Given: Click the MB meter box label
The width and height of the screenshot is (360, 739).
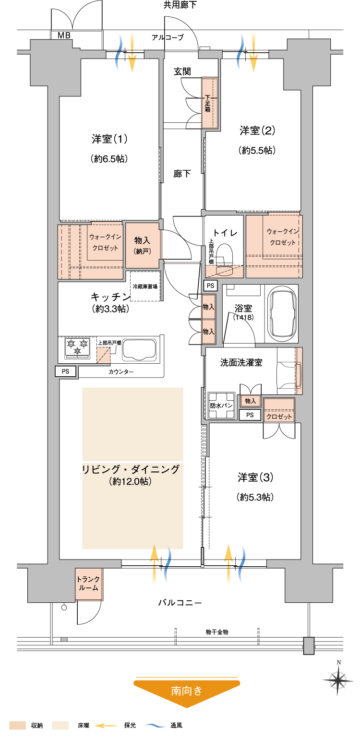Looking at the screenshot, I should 63,35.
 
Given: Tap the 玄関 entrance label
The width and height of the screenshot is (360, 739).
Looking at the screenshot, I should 182,72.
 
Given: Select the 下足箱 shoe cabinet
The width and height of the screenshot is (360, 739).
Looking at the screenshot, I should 210,103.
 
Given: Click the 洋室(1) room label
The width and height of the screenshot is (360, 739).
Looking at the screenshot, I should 109,139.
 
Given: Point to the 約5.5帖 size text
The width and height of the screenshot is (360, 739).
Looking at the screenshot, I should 257,150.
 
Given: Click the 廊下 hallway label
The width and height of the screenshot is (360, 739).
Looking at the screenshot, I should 182,174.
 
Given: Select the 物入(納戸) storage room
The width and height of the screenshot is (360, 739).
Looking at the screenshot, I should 142,245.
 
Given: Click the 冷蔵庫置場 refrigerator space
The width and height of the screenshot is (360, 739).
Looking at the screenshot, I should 145,286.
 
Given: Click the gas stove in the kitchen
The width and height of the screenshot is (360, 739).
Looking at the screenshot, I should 77,347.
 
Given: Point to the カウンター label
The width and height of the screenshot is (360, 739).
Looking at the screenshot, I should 121,372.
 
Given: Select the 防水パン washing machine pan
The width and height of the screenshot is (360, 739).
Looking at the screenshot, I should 221,405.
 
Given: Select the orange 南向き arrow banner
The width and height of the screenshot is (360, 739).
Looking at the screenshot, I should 187,691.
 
